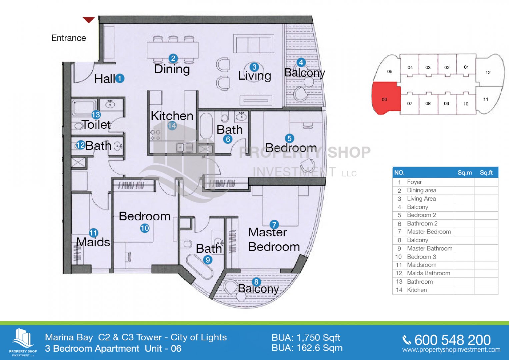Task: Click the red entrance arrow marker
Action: pyautogui.click(x=89, y=20)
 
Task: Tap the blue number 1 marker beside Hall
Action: pyautogui.click(x=120, y=79)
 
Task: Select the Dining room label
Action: pyautogui.click(x=172, y=69)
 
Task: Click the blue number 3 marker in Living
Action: pyautogui.click(x=254, y=67)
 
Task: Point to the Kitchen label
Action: pyautogui.click(x=172, y=116)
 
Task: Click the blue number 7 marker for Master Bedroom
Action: pyautogui.click(x=274, y=225)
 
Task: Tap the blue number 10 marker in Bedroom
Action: pyautogui.click(x=145, y=228)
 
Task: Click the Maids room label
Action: pyautogui.click(x=93, y=242)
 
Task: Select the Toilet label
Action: pyautogui.click(x=96, y=125)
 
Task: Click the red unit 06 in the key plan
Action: pyautogui.click(x=385, y=99)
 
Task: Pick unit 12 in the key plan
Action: pyautogui.click(x=488, y=72)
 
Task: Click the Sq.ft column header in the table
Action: pyautogui.click(x=486, y=173)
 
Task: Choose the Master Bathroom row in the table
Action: pyautogui.click(x=430, y=248)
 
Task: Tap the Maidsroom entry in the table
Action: pyautogui.click(x=422, y=265)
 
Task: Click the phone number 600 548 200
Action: pyautogui.click(x=452, y=340)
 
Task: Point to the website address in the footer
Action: pyautogui.click(x=451, y=350)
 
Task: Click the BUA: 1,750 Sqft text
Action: pyautogui.click(x=306, y=338)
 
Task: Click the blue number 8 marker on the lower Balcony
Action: pyautogui.click(x=256, y=282)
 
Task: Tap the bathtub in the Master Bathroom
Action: pyautogui.click(x=199, y=267)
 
